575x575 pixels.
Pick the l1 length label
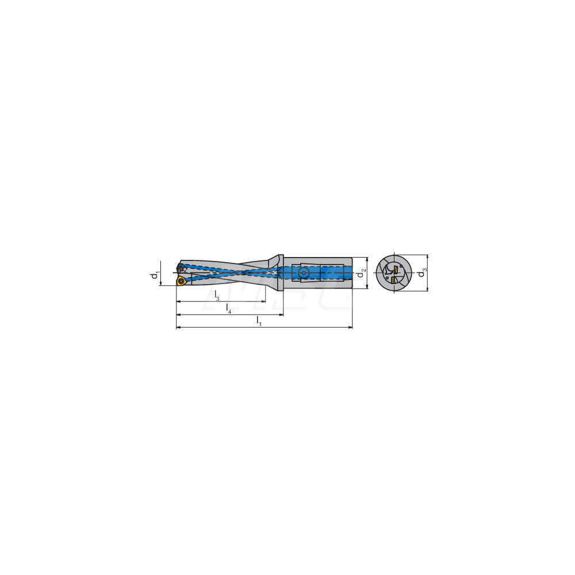[259, 321]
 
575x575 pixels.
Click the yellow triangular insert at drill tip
[181, 281]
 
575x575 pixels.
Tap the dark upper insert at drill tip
[181, 268]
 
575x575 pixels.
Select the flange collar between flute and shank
[279, 273]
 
